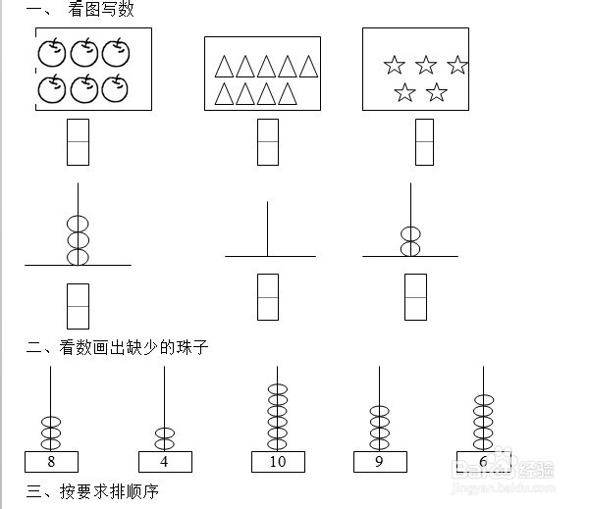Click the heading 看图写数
click(101, 10)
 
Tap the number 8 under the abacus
click(51, 461)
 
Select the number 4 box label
click(165, 461)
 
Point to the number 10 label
click(278, 461)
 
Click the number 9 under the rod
click(380, 461)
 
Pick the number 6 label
click(483, 461)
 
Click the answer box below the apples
click(78, 141)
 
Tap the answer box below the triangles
click(267, 141)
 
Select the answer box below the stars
click(424, 141)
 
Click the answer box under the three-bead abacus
click(78, 306)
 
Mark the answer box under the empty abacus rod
click(268, 297)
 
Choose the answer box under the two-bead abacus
click(416, 297)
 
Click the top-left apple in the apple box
click(51, 52)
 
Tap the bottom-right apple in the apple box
click(117, 88)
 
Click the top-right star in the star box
click(457, 66)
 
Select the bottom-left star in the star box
click(404, 93)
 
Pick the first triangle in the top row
click(224, 66)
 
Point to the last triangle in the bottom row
click(288, 94)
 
